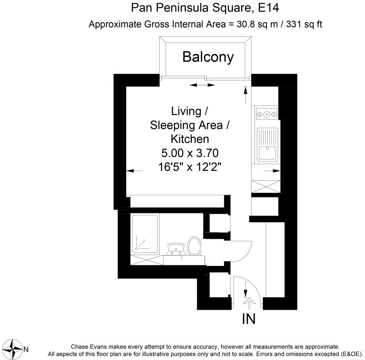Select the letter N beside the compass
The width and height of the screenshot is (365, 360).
pos(26,349)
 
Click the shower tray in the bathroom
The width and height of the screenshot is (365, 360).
pos(145,233)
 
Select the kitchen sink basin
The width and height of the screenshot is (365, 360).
pos(267,153)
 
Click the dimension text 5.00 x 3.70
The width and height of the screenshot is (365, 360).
pos(190,153)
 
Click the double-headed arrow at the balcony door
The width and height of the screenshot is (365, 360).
pos(202,85)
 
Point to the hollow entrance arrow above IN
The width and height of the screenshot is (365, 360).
pos(249,304)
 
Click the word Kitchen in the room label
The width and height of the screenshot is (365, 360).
pos(190,139)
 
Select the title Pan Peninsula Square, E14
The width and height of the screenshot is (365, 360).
pos(205,8)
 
